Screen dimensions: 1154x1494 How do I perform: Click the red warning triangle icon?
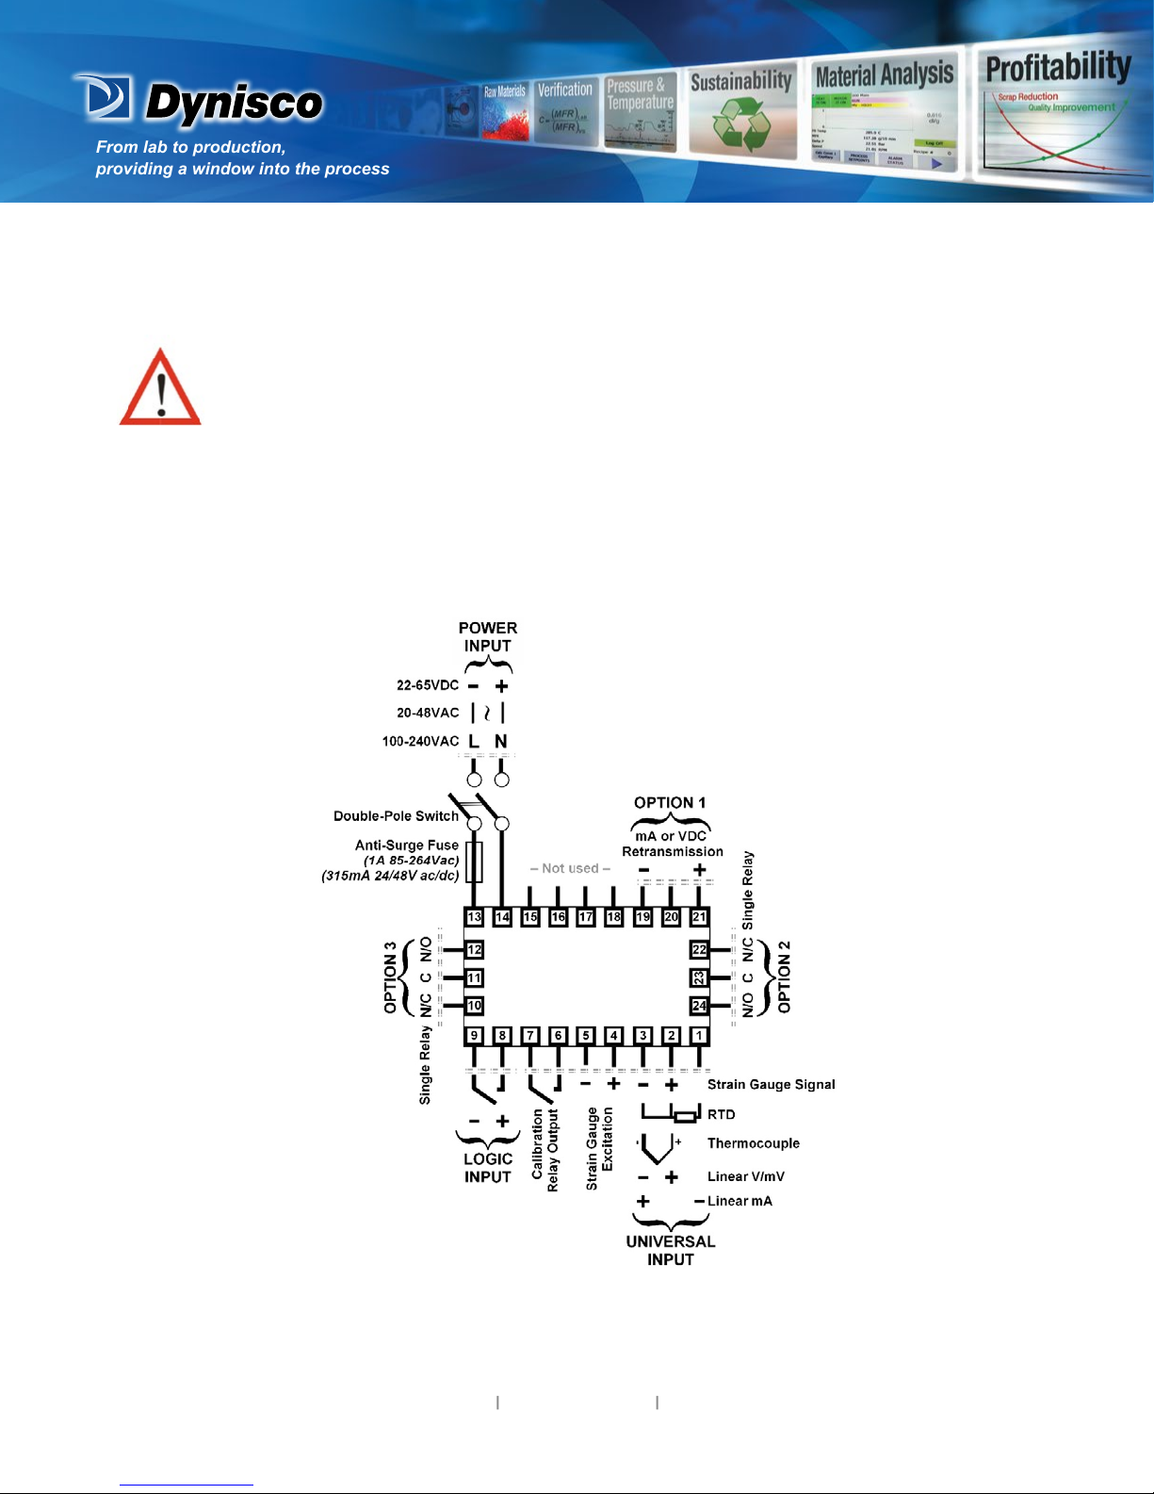tap(160, 388)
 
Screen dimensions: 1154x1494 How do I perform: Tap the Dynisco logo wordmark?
tap(234, 103)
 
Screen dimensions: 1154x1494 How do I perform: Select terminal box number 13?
tap(474, 917)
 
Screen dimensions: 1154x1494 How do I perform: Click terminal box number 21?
tap(699, 917)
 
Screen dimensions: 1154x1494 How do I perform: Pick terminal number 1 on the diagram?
tap(699, 1036)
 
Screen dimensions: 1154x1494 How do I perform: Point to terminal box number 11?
tap(474, 978)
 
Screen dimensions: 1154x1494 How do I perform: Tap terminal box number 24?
tap(699, 1007)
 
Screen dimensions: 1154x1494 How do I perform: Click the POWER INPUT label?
tap(487, 637)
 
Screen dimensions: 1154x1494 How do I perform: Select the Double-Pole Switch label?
tap(396, 816)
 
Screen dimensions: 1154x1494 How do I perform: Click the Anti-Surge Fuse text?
tap(407, 846)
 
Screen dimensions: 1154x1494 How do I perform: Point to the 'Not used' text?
tap(570, 868)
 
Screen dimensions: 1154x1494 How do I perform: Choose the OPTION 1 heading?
tap(670, 803)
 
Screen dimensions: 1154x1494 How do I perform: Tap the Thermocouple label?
tap(753, 1143)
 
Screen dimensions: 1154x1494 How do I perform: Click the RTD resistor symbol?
tap(686, 1117)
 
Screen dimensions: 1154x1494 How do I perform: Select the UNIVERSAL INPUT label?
tap(671, 1251)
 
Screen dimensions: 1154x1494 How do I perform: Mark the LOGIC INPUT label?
tap(488, 1168)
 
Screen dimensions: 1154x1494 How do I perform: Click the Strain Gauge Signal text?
tap(771, 1085)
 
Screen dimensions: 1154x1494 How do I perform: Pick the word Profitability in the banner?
tap(1058, 68)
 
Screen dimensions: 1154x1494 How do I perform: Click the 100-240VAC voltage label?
tap(420, 742)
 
